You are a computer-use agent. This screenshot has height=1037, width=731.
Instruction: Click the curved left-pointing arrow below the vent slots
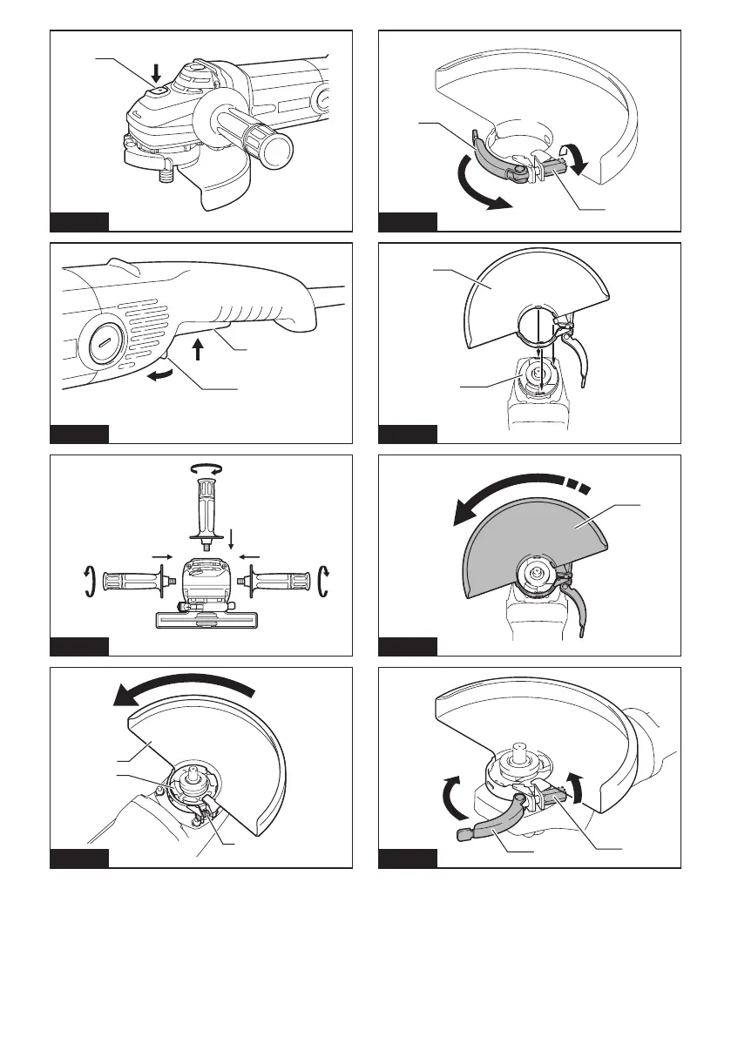pos(161,375)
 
